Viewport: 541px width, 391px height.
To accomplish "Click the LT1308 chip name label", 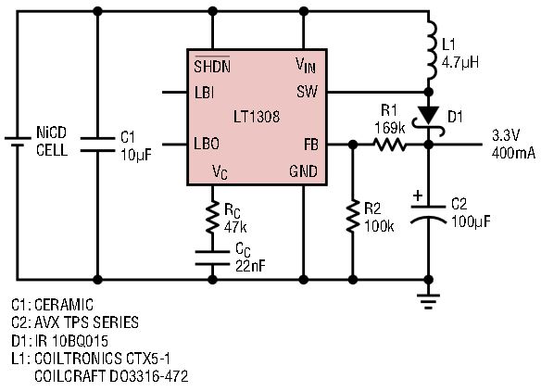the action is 257,117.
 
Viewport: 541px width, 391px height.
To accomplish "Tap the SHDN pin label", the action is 212,66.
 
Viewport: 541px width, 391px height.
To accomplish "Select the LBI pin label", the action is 204,93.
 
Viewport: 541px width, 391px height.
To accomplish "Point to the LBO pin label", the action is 207,144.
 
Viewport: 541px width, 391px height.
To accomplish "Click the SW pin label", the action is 307,92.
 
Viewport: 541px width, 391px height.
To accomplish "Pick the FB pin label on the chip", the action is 311,145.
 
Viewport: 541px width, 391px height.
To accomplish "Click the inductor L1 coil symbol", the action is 431,50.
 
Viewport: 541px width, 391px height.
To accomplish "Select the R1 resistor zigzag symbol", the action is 391,145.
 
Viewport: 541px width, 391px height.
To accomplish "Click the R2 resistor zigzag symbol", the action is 352,218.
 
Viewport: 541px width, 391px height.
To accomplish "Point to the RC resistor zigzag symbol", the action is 212,218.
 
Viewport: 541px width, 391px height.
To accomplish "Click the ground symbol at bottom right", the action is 428,301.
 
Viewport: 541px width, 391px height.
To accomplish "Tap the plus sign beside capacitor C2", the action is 418,196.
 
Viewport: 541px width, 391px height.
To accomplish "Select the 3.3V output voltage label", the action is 506,135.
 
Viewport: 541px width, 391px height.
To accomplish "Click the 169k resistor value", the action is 390,128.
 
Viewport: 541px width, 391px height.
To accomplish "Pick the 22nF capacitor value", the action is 250,266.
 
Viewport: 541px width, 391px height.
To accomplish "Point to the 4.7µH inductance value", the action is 460,62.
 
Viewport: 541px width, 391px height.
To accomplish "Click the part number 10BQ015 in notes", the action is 80,341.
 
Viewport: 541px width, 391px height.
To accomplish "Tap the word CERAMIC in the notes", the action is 64,305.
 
